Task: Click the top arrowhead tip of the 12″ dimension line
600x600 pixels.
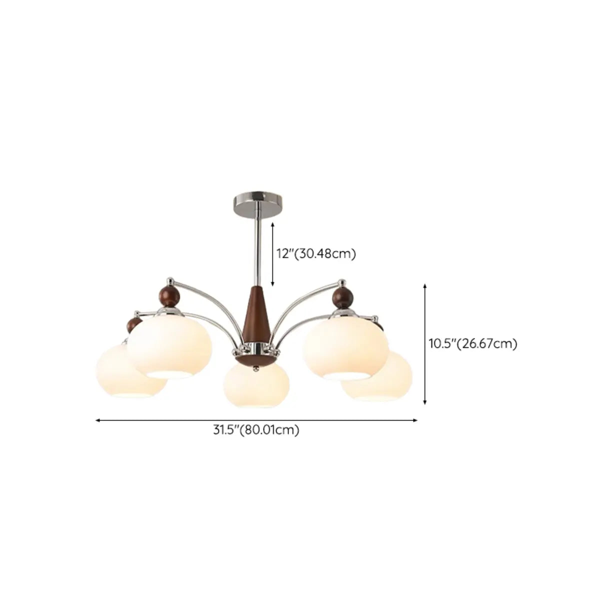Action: (273, 222)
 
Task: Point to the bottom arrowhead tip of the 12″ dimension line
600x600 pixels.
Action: (273, 286)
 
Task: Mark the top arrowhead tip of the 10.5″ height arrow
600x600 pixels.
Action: (424, 283)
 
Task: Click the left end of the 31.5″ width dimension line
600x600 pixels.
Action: (95, 420)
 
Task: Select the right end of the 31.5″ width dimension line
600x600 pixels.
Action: (417, 420)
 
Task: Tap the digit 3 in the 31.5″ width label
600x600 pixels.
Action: (216, 430)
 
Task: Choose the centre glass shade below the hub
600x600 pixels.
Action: (256, 385)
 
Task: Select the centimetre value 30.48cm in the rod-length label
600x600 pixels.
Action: (325, 254)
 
